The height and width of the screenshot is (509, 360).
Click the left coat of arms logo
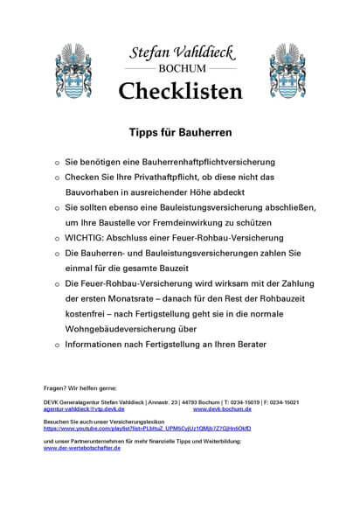click(70, 70)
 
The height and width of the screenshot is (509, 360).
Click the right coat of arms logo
click(287, 70)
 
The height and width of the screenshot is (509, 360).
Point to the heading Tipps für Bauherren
click(179, 133)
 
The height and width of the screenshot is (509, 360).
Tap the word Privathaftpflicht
click(149, 177)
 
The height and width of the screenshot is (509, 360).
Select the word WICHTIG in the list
click(88, 237)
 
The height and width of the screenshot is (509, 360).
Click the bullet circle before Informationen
click(55, 345)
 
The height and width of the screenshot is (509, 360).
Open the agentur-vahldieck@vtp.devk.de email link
click(84, 408)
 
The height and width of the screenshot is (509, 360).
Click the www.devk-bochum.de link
click(222, 408)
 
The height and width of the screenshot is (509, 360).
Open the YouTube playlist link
click(147, 429)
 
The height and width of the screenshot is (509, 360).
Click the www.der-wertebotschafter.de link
click(81, 448)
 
